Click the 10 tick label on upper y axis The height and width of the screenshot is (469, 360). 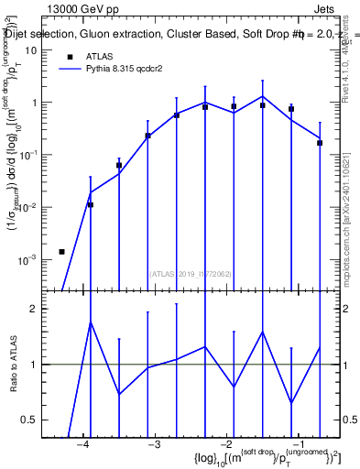pyautogui.click(x=30, y=50)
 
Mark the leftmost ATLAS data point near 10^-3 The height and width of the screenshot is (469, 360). pyautogui.click(x=61, y=251)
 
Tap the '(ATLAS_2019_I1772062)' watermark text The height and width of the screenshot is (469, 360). pyautogui.click(x=191, y=273)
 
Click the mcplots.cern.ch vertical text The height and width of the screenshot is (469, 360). pyautogui.click(x=352, y=220)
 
